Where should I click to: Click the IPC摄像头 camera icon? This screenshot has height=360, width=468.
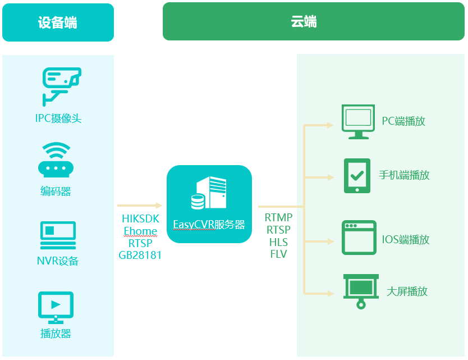[x=61, y=85]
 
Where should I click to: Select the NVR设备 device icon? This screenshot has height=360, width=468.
[x=58, y=235]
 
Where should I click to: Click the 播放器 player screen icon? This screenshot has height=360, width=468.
[x=56, y=307]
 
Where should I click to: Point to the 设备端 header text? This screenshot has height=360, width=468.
[x=58, y=22]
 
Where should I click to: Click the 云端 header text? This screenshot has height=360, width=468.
[x=304, y=22]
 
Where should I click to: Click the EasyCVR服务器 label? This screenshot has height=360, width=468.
[x=209, y=225]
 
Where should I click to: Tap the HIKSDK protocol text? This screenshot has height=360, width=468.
[x=140, y=218]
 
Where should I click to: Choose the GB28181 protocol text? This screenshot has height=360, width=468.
[x=140, y=255]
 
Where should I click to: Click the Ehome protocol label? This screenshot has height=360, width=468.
[x=140, y=231]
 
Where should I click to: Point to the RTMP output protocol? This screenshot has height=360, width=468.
[x=279, y=217]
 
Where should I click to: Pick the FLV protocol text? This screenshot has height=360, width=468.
[x=278, y=254]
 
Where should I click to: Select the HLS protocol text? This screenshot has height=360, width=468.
[x=278, y=242]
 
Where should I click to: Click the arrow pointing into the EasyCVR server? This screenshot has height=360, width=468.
[x=140, y=206]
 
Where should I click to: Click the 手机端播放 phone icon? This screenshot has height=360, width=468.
[x=356, y=176]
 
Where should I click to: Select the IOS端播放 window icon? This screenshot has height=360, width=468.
[x=359, y=238]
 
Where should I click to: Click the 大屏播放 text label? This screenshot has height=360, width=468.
[x=407, y=291]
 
